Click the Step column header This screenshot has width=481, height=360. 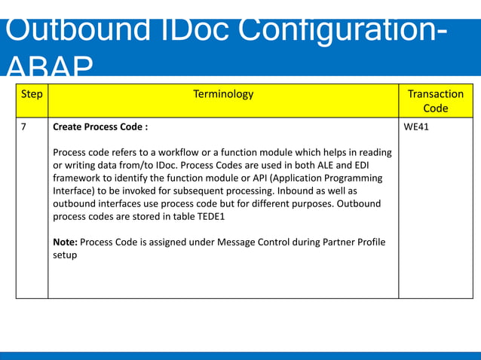coord(32,94)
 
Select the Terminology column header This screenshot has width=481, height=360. coord(223,94)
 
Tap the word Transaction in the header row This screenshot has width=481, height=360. coord(435,94)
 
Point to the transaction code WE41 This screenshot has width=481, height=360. coord(416,127)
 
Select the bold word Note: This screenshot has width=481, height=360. coord(65,242)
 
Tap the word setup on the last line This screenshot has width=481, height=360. coord(65,255)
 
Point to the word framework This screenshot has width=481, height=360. coord(79,178)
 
